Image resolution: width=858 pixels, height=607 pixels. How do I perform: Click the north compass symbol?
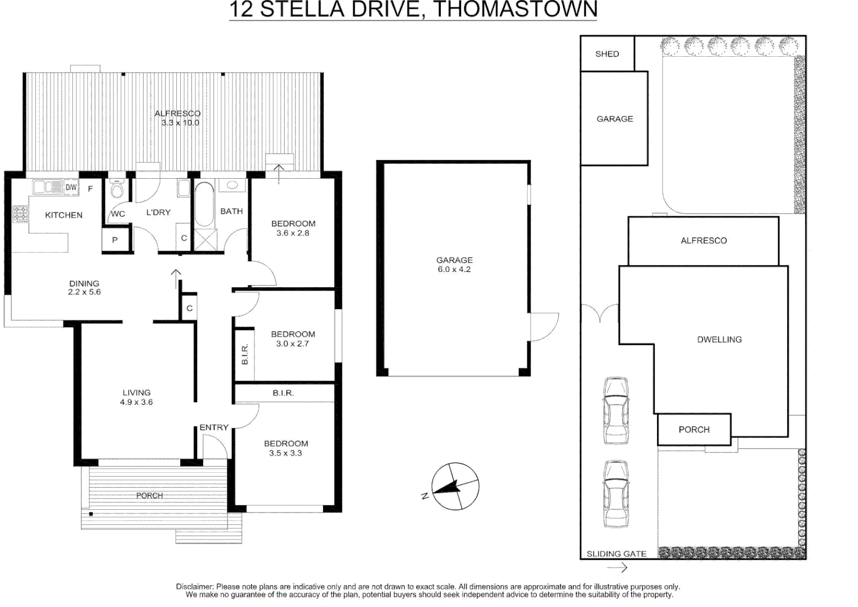coord(455,486)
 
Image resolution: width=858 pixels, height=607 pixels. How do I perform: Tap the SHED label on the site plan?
coord(607,54)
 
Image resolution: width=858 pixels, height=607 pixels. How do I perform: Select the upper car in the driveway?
coord(616,411)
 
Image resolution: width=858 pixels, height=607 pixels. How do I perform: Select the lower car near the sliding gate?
coord(616,494)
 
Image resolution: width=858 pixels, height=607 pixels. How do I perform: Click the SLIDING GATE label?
coord(616,554)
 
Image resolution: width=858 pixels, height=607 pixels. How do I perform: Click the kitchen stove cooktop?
coord(20,214)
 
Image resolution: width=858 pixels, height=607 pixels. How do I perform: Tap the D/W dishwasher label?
coord(71,187)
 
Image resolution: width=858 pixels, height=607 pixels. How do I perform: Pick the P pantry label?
coord(115,240)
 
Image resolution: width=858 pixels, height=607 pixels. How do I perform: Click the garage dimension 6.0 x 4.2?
coord(454,269)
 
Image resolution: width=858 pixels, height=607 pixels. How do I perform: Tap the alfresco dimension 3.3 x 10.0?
coord(180,123)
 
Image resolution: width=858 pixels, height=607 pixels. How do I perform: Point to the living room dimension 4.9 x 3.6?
coord(136,402)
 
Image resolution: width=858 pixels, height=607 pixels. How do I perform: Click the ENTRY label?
coord(214,427)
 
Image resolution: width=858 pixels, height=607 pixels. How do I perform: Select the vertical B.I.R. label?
coord(245,354)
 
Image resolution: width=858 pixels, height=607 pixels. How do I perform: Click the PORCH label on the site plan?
coord(694,429)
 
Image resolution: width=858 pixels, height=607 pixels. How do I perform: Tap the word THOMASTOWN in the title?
coord(515,10)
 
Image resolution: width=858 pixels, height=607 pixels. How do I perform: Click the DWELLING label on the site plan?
coord(719,339)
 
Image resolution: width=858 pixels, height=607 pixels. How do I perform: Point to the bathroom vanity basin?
coord(232,185)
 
